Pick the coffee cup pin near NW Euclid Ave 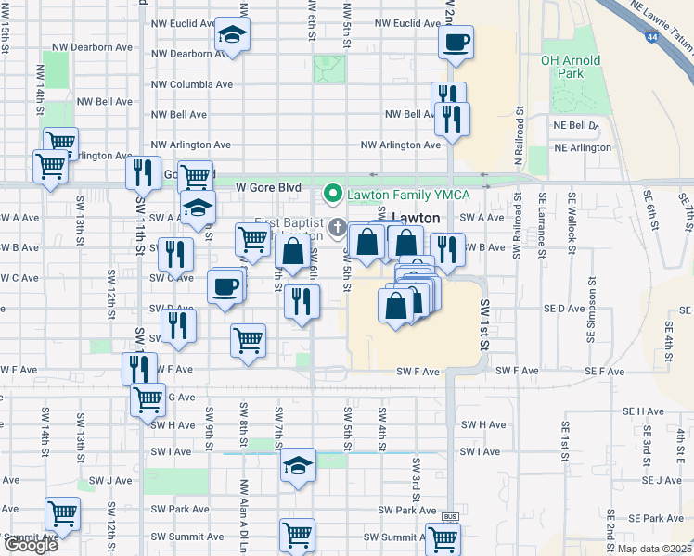coord(456,43)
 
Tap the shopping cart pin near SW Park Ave coord(63,513)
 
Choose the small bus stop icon coord(451,516)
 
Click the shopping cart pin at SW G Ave coord(148,400)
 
